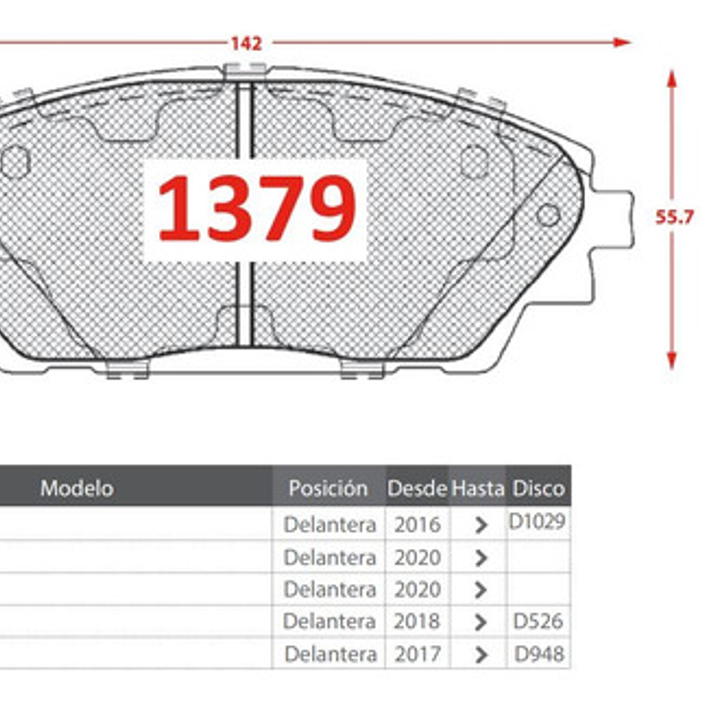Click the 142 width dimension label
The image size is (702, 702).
(x=246, y=44)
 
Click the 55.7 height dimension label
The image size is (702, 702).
(x=674, y=217)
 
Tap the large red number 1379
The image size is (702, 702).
(x=256, y=209)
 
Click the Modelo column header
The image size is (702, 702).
(x=77, y=488)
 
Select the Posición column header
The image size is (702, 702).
(x=328, y=488)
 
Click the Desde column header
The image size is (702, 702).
(x=417, y=488)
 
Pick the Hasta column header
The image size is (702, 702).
(x=478, y=488)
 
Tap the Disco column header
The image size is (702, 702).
(x=538, y=488)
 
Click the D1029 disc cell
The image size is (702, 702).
(x=537, y=522)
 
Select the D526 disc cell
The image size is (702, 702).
(x=538, y=621)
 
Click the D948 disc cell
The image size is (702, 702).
(x=539, y=653)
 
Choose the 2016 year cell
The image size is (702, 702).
(x=418, y=525)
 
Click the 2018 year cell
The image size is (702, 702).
(x=418, y=621)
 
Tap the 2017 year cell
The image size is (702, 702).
(x=418, y=653)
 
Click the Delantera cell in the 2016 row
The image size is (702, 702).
(x=329, y=525)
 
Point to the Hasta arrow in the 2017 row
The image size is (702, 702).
(x=481, y=654)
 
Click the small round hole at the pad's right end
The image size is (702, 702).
(x=547, y=215)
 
